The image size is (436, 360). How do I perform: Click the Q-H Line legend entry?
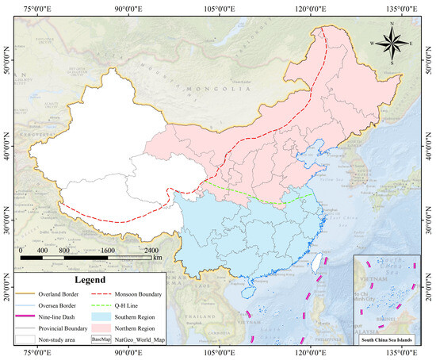[x=130, y=304]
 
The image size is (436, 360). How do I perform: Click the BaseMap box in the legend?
[x=101, y=339]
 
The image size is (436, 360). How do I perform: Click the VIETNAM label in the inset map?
[x=366, y=279]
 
